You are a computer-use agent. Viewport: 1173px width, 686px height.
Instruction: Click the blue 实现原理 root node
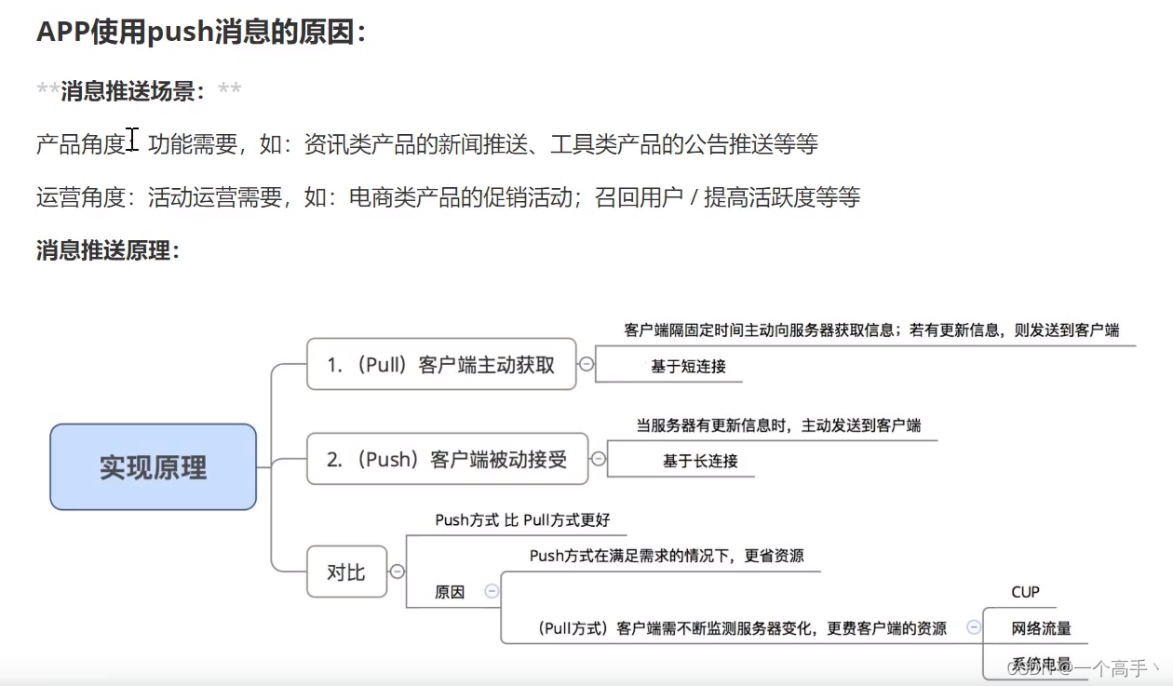153,467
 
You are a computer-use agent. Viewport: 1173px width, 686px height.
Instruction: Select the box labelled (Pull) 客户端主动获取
440,364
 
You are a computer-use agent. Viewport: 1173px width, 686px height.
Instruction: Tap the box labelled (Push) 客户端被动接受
447,459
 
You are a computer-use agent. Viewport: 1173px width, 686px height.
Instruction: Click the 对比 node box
346,572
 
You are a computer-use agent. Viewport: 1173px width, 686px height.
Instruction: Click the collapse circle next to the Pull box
586,364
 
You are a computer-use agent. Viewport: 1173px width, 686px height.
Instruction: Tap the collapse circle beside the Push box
599,459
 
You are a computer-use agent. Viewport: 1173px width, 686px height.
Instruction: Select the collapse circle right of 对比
398,572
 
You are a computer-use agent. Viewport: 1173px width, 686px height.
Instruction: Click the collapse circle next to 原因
492,591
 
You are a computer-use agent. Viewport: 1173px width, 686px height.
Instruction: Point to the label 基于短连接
688,367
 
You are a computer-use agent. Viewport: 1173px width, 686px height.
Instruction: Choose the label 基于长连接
700,461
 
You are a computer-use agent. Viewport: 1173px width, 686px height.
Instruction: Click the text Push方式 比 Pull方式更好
522,520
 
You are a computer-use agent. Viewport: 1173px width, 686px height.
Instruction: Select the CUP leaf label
1025,592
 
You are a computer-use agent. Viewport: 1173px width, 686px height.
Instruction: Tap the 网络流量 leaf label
1041,628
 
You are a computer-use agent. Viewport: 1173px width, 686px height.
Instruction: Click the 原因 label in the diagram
450,592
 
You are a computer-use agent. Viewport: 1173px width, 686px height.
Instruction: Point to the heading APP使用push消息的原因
201,32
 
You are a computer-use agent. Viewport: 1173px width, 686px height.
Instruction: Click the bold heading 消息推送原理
107,250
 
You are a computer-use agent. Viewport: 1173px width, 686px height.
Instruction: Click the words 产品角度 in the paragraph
80,144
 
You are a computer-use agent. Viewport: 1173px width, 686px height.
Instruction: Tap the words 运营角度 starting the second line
80,197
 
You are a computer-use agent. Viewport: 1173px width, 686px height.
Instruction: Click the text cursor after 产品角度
133,141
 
